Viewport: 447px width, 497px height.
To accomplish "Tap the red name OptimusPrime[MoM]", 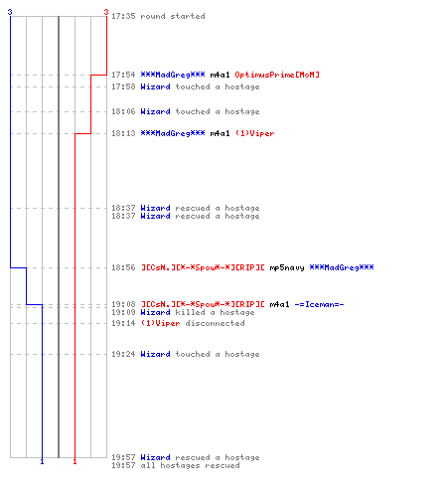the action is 277,75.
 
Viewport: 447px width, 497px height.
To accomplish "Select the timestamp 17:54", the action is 123,75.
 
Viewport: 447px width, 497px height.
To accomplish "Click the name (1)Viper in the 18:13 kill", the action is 255,133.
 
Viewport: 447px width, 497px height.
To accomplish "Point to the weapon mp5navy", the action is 287,267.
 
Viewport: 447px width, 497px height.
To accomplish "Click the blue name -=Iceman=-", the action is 319,304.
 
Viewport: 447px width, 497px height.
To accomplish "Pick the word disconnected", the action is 215,323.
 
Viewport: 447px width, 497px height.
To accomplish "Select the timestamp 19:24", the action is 123,354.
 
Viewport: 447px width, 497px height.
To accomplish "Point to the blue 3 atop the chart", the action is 10,12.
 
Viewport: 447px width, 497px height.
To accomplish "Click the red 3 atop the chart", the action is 106,12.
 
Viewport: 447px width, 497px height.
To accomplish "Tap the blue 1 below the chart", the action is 42,461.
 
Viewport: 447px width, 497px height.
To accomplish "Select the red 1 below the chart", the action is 74,461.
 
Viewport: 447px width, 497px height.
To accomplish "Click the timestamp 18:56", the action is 123,267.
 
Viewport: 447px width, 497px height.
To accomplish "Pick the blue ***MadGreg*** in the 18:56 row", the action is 342,267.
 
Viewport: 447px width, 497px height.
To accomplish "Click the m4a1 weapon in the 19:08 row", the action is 279,304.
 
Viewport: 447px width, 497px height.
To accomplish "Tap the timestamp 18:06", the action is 123,111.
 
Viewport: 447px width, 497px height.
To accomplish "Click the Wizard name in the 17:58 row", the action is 155,86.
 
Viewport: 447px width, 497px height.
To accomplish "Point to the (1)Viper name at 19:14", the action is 161,323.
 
